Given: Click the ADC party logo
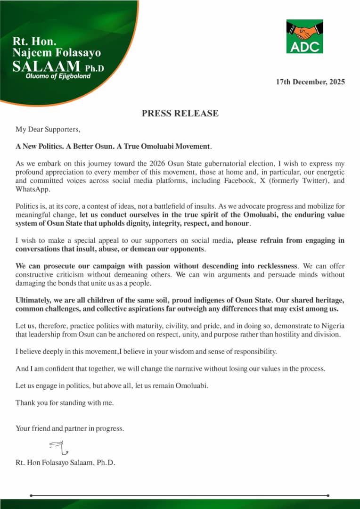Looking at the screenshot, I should click(304, 36).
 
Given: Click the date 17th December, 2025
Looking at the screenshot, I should click(310, 82).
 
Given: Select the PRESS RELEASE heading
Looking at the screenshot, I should click(180, 113).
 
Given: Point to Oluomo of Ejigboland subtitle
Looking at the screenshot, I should click(58, 76).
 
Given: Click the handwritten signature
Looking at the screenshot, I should click(58, 447).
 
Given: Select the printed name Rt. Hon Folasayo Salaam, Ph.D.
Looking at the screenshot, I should click(65, 462).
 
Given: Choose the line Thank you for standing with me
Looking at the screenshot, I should click(65, 402).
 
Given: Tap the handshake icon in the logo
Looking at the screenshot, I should click(304, 31).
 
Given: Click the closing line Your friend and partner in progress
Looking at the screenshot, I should click(70, 428).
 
